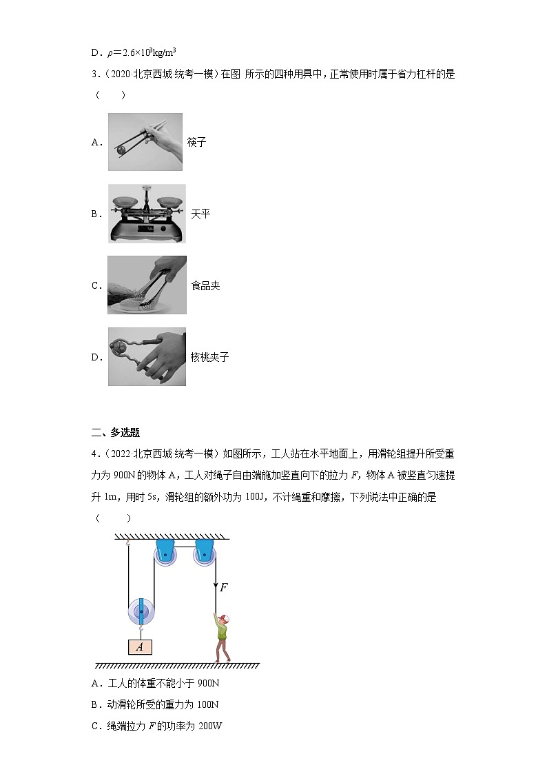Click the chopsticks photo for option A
[x=145, y=142]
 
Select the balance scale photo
[x=147, y=214]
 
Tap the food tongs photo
[x=147, y=285]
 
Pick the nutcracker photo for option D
[x=147, y=356]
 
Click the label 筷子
[x=196, y=143]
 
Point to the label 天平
[x=200, y=214]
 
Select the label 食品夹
[x=205, y=285]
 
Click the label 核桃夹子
[x=209, y=357]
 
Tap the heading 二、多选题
[x=116, y=432]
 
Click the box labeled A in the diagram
[x=140, y=646]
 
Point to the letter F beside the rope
[x=223, y=588]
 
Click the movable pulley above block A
[x=142, y=611]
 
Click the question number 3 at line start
[x=94, y=74]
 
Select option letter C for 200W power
[x=95, y=726]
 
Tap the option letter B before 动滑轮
[x=95, y=704]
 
